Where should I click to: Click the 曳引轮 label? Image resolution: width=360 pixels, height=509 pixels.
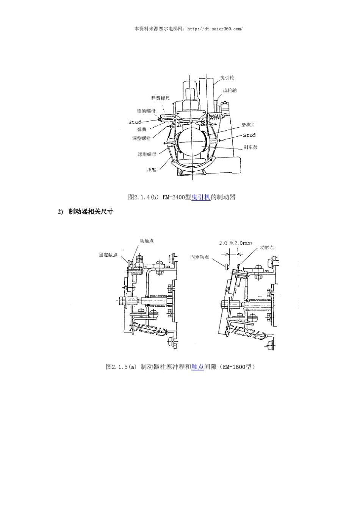(x=227, y=78)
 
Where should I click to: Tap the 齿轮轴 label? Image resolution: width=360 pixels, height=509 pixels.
(x=230, y=91)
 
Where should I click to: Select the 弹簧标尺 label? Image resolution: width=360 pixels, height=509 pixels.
(x=160, y=98)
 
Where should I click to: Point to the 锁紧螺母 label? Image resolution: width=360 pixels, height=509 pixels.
(x=146, y=111)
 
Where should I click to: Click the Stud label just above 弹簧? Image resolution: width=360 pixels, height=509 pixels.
(x=135, y=122)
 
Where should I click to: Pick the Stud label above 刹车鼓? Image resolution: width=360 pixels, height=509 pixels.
(x=249, y=135)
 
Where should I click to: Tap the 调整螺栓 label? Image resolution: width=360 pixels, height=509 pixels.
(x=141, y=138)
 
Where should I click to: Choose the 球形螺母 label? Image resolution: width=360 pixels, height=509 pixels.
(x=147, y=154)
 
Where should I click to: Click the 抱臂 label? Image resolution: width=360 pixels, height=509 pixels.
(x=152, y=170)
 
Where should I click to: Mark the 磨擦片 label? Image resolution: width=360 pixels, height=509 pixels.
(x=248, y=125)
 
